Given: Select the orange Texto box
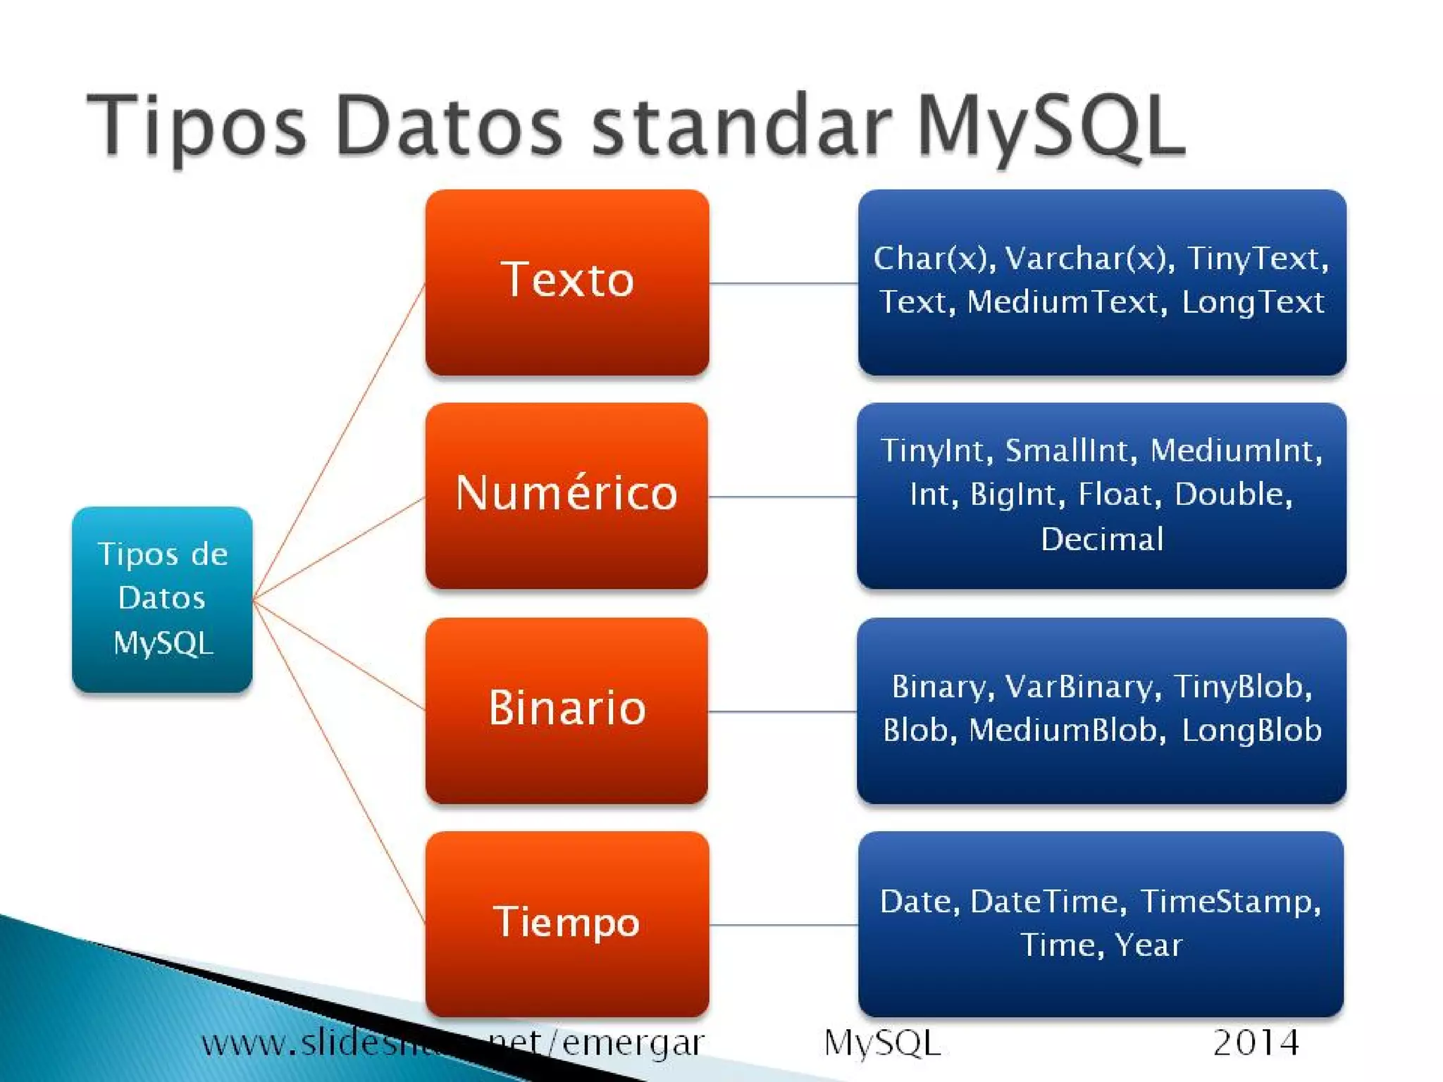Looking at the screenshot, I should (567, 282).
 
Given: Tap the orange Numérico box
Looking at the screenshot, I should (566, 495).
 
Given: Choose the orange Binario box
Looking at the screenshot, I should (566, 710).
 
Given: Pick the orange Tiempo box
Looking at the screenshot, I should (567, 924).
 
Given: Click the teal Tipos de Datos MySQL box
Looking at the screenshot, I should (162, 599).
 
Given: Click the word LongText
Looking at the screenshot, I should (1253, 302).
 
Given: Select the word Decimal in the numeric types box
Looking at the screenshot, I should (1102, 540).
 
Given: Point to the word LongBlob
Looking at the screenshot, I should (1251, 730).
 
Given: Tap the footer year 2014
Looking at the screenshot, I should (1256, 1043).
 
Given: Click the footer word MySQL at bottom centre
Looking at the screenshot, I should (882, 1043).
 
